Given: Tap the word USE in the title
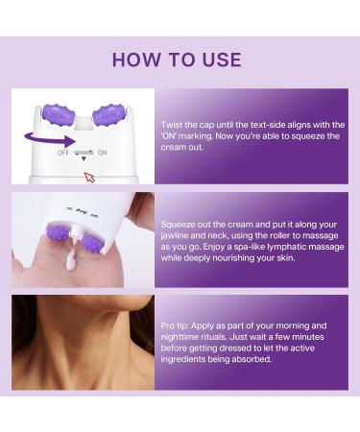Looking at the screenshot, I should [223, 60].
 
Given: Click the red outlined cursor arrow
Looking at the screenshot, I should [90, 176].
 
